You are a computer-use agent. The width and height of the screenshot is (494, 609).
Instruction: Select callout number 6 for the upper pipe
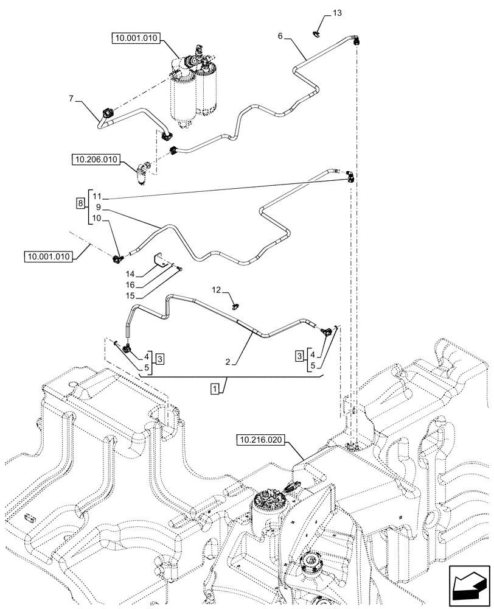point(280,36)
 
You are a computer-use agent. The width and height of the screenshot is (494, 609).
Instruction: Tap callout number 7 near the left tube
point(71,98)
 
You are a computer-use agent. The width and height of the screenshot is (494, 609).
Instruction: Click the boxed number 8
point(80,203)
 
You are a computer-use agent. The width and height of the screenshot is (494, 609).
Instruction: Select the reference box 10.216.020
point(263,440)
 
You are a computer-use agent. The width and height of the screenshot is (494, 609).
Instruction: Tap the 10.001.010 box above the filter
point(135,38)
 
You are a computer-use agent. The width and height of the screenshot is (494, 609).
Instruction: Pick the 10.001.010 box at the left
point(49,257)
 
